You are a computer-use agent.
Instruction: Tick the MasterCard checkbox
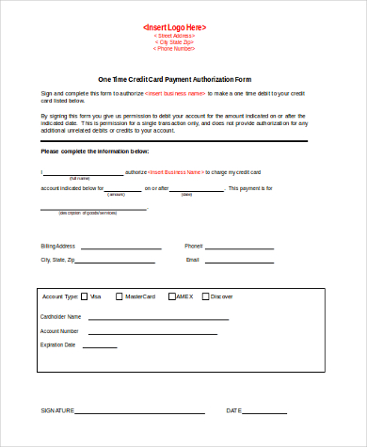click(x=119, y=296)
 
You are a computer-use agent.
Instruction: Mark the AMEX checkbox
click(x=171, y=296)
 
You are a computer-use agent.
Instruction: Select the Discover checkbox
click(x=205, y=296)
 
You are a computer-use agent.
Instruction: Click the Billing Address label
click(x=57, y=245)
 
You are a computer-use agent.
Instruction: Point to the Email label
click(x=193, y=259)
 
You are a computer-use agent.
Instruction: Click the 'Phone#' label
click(x=194, y=245)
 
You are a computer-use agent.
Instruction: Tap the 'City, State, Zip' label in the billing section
click(x=57, y=259)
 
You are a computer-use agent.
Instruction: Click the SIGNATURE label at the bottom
click(x=57, y=411)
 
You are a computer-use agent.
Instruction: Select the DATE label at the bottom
click(x=234, y=411)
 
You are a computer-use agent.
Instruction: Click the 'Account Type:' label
click(x=59, y=296)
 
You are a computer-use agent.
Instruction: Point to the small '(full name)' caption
click(x=80, y=178)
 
